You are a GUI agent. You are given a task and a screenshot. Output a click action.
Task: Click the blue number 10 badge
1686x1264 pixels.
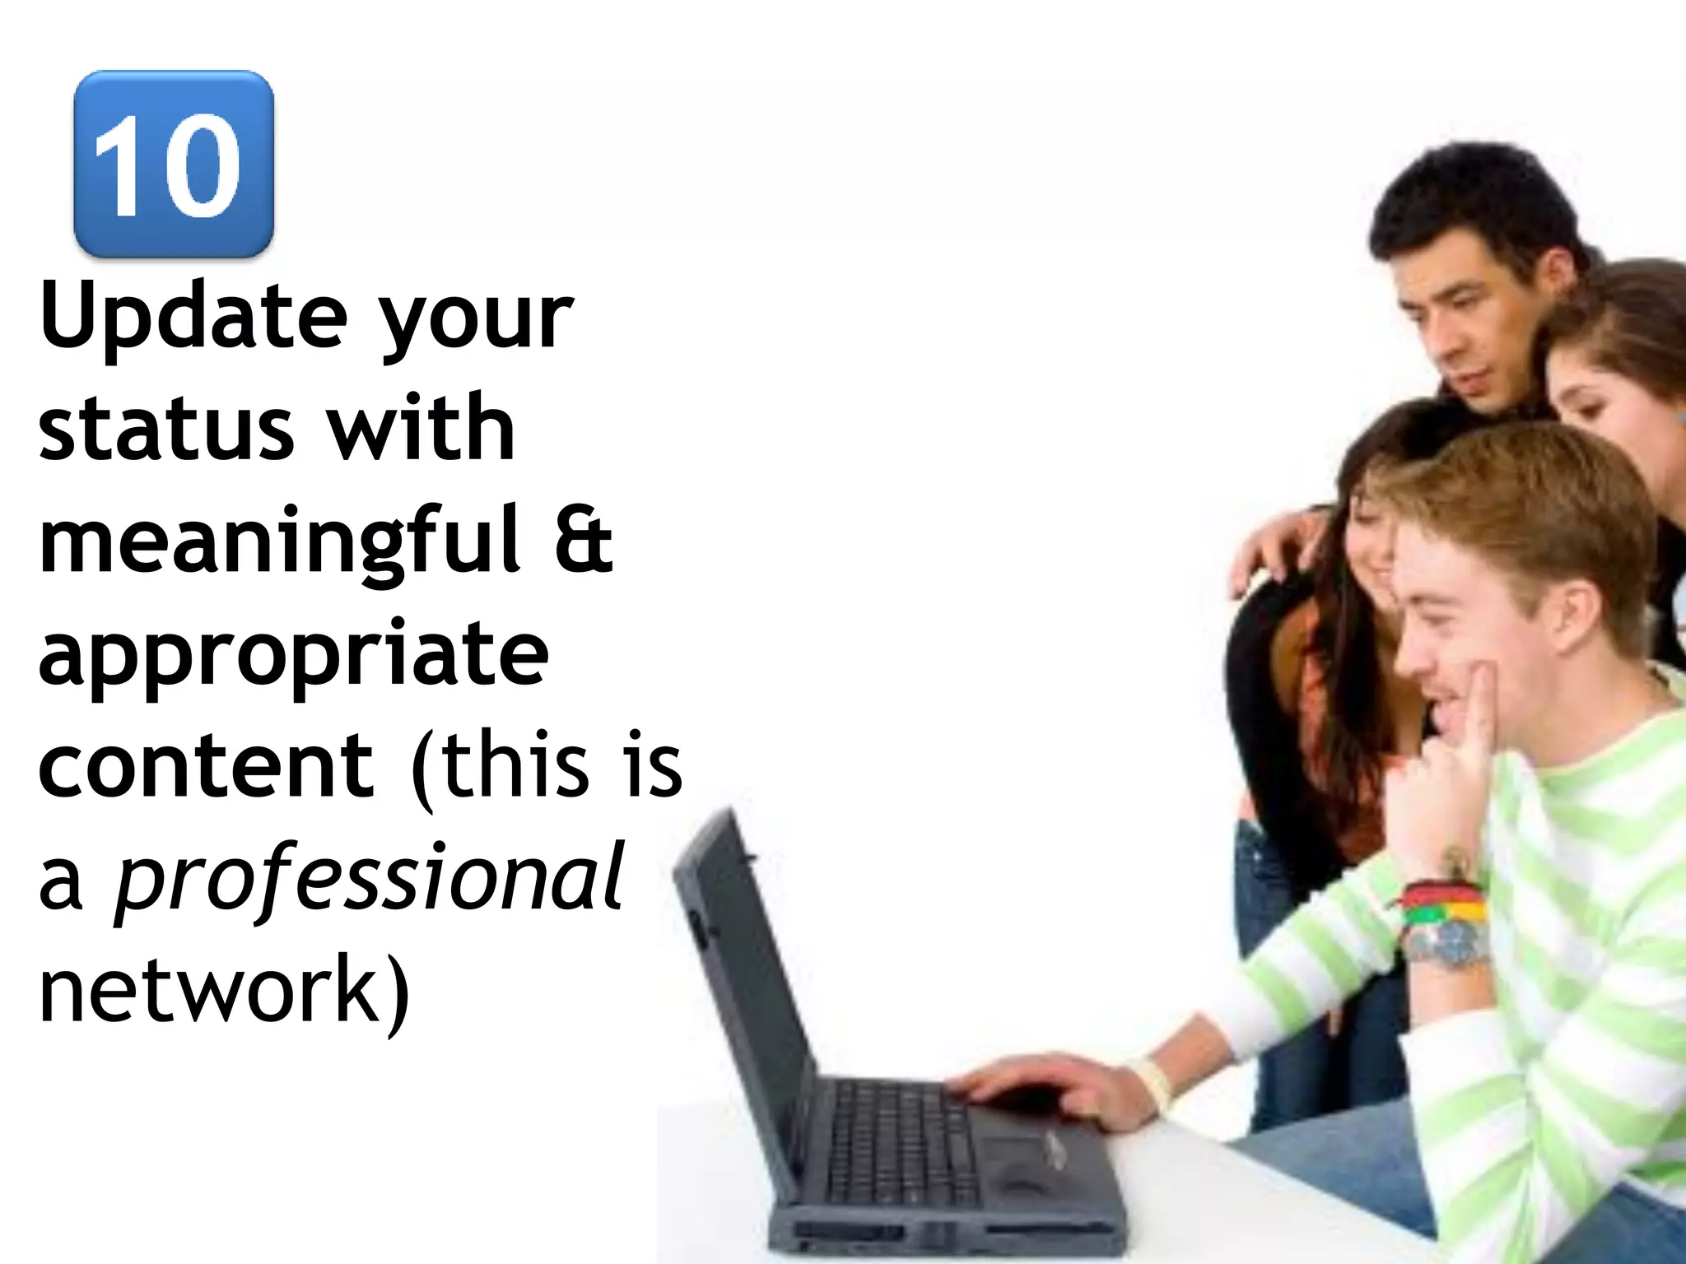coord(173,164)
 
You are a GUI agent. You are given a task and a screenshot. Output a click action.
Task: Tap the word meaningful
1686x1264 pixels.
coord(280,542)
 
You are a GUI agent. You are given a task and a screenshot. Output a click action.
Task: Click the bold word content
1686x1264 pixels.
coord(206,764)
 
